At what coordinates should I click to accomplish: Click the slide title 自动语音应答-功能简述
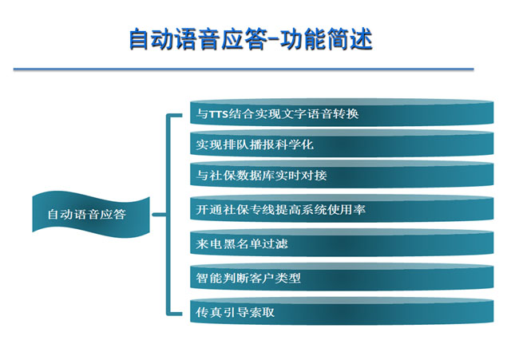click(x=251, y=39)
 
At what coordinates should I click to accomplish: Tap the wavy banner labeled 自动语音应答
click(x=91, y=215)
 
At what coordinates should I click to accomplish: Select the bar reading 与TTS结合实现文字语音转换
click(x=342, y=113)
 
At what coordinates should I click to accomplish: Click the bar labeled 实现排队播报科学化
click(x=342, y=144)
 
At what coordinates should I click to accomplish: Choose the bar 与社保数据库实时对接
click(x=342, y=175)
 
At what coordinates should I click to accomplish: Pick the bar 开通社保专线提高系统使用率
click(x=342, y=209)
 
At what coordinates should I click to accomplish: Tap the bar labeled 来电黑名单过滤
click(x=342, y=243)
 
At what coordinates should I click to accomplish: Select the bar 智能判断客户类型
click(x=342, y=277)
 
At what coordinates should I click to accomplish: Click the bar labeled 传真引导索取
click(x=342, y=311)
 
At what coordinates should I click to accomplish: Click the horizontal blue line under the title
click(x=244, y=69)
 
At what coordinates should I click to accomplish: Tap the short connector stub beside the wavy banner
click(x=159, y=215)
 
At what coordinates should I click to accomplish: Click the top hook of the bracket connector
click(x=174, y=116)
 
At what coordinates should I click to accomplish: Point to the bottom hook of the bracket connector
click(x=174, y=314)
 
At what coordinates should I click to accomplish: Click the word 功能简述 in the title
click(x=327, y=39)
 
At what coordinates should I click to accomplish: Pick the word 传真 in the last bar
click(x=208, y=312)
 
